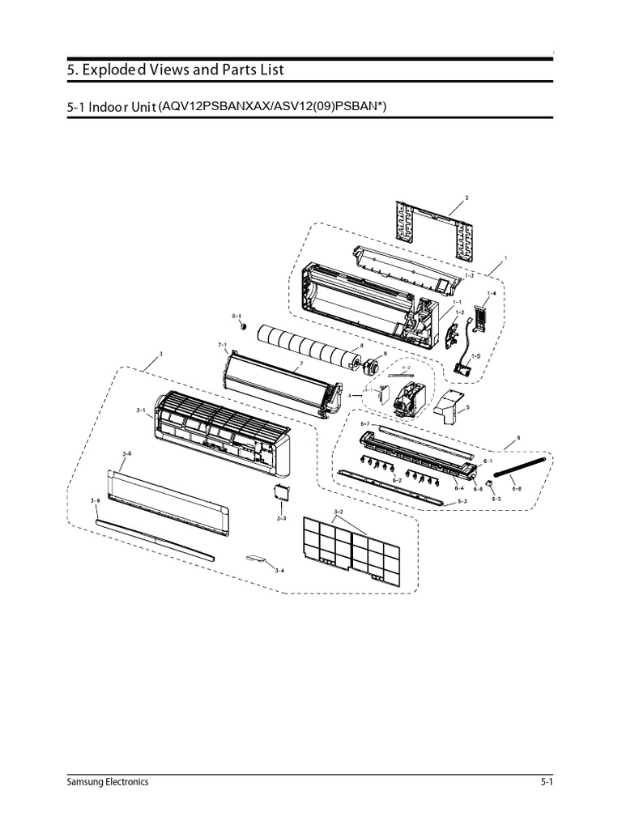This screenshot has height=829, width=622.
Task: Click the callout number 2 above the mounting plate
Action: [466, 198]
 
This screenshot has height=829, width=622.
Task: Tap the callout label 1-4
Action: [492, 293]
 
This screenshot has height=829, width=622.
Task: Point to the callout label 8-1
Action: [236, 314]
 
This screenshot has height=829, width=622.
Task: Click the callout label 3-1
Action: [141, 410]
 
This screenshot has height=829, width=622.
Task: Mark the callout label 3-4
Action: [279, 572]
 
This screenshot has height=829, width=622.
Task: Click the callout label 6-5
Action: [496, 500]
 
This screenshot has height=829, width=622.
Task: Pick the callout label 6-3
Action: [462, 502]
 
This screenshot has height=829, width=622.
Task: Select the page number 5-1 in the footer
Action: [546, 782]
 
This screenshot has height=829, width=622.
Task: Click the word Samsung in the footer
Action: [86, 782]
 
